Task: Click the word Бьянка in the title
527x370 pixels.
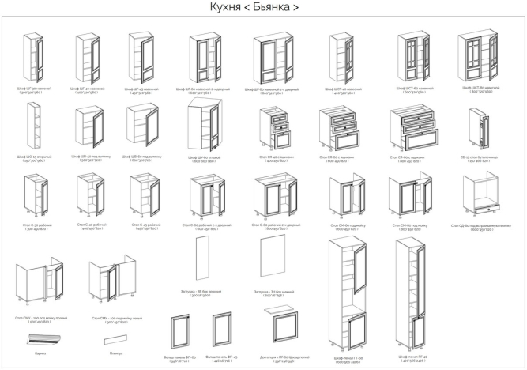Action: [280, 8]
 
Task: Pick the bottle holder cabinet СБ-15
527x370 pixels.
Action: [476, 128]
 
